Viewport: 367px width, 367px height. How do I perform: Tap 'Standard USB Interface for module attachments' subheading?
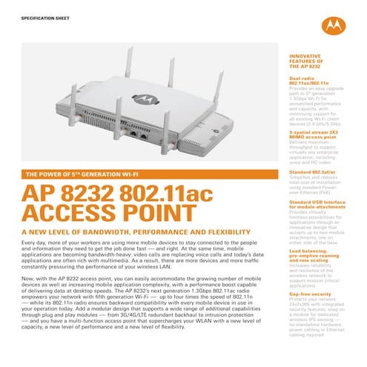307,205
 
